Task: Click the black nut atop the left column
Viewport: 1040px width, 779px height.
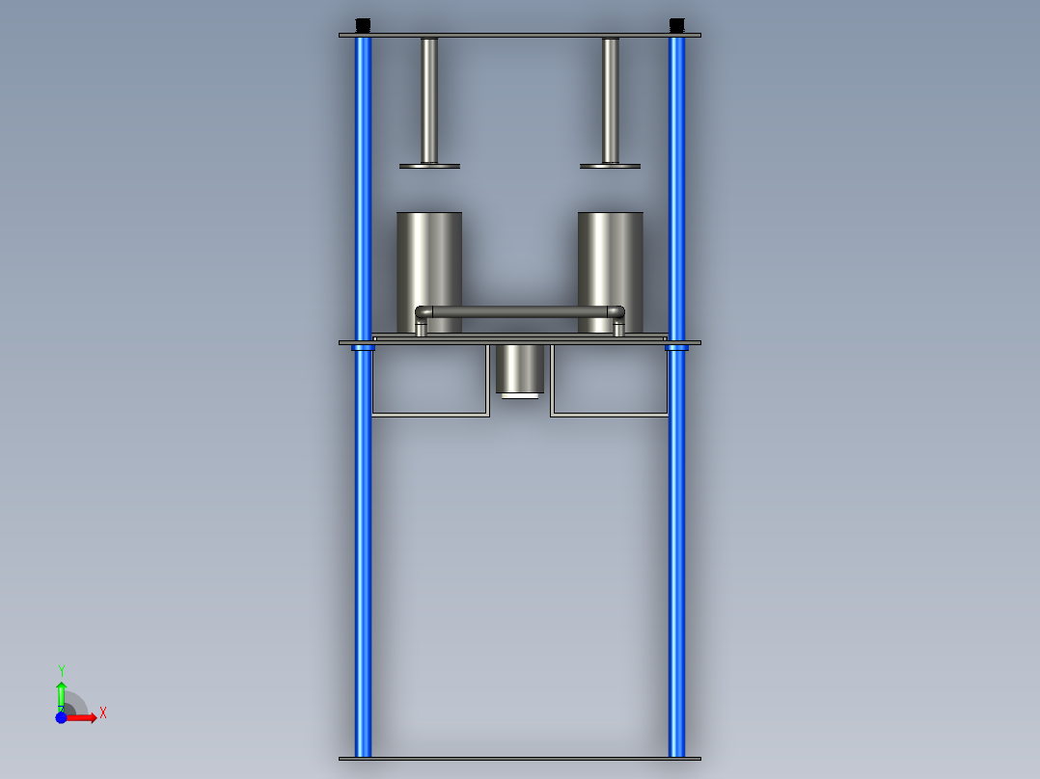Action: point(363,25)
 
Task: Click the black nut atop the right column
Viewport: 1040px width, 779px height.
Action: point(676,25)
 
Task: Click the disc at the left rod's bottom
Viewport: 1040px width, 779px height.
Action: point(429,166)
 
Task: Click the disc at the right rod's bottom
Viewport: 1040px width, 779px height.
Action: point(610,166)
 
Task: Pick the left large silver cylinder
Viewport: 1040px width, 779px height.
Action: point(429,265)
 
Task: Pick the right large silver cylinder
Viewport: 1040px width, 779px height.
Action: point(610,265)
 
